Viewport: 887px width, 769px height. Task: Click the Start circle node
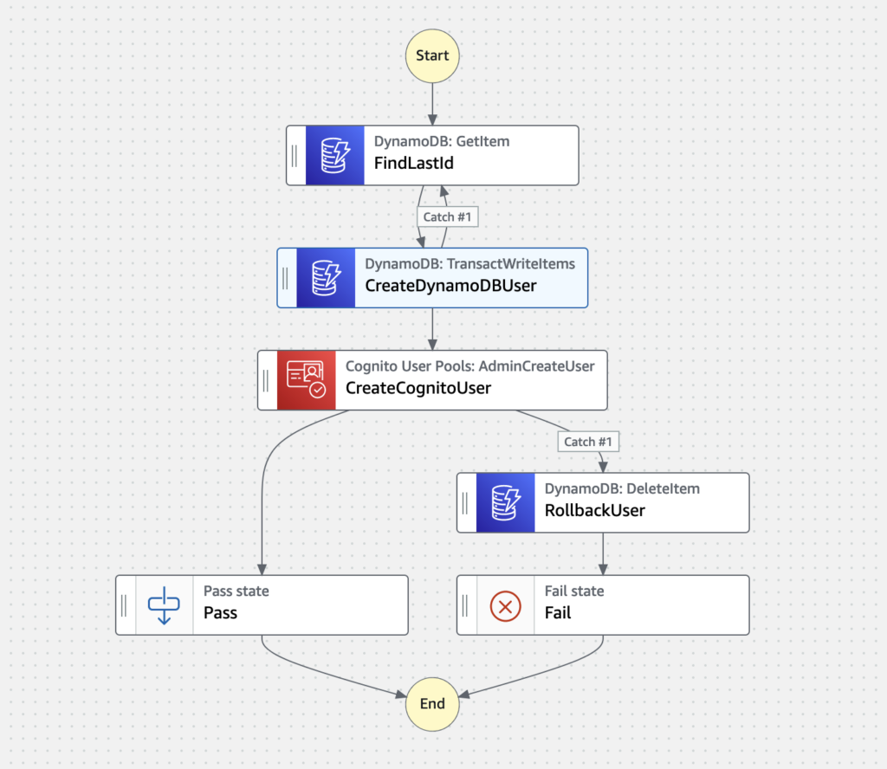point(432,55)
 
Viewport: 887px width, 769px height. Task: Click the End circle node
point(432,703)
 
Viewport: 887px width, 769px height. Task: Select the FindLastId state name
point(413,163)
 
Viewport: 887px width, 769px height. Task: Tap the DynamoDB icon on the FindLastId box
point(334,155)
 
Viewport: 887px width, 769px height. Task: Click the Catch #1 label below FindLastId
point(446,216)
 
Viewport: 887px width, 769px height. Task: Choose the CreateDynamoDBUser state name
point(450,286)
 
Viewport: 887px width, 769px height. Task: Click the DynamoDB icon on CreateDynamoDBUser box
point(326,278)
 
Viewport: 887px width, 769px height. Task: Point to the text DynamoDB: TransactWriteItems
point(469,263)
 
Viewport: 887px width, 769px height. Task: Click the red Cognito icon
point(306,379)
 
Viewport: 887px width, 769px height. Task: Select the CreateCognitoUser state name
point(418,388)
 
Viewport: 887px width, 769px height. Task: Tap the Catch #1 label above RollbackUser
point(587,442)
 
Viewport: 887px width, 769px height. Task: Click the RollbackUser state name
point(594,510)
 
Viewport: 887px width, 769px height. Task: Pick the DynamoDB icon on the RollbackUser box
point(505,502)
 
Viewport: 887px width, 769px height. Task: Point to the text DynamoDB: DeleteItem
point(622,488)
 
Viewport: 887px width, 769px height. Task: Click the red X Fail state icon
point(505,605)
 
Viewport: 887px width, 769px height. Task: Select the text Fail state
point(573,591)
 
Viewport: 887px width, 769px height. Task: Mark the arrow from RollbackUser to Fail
point(603,553)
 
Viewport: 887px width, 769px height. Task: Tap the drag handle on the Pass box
point(124,605)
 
